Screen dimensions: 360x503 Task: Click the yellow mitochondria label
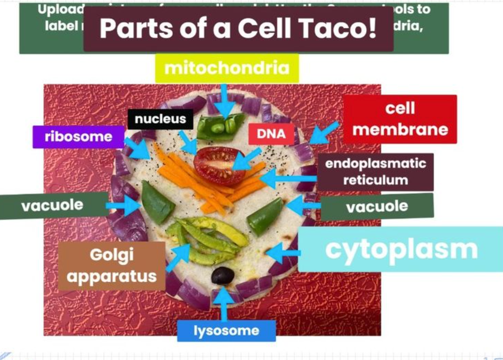click(x=227, y=68)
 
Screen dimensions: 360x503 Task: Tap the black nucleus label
click(x=160, y=119)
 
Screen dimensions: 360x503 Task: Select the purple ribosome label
click(x=78, y=137)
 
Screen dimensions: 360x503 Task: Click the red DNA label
click(x=271, y=134)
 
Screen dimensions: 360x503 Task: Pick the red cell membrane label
click(x=400, y=119)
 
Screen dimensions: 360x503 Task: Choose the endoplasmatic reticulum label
click(x=375, y=172)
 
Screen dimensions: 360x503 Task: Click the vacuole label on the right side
click(x=377, y=207)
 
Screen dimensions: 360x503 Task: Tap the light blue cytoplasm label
click(x=401, y=250)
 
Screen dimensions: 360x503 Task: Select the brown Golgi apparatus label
click(x=111, y=266)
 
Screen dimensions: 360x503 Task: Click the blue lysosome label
click(x=226, y=330)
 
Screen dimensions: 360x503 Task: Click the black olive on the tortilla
click(x=222, y=275)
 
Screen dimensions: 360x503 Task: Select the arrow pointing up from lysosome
click(x=223, y=304)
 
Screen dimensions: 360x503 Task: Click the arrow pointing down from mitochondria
click(x=224, y=101)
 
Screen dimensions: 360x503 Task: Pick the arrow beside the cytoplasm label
click(x=283, y=253)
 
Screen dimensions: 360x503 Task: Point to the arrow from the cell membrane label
click(x=324, y=133)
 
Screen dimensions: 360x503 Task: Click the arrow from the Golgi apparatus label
click(x=178, y=258)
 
